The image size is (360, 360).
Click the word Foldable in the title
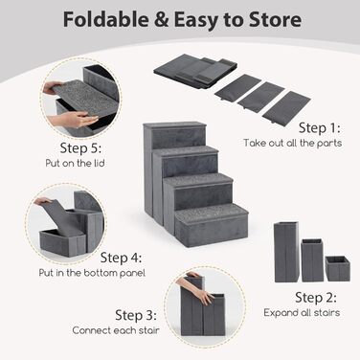click(105, 19)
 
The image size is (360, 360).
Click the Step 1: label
click(320, 128)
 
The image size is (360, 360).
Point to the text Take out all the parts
click(293, 143)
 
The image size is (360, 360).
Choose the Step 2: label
click(316, 298)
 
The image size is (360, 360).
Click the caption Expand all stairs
click(302, 312)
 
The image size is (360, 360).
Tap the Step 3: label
click(136, 315)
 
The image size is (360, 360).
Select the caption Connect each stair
click(116, 330)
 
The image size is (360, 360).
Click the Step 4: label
click(121, 258)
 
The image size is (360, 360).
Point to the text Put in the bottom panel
click(92, 273)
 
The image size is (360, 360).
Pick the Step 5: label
click(80, 147)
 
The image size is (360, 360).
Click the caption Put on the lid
click(75, 163)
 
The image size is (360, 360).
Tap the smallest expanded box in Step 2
click(338, 268)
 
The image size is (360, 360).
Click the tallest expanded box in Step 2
click(286, 252)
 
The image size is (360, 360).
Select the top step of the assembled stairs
click(174, 126)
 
